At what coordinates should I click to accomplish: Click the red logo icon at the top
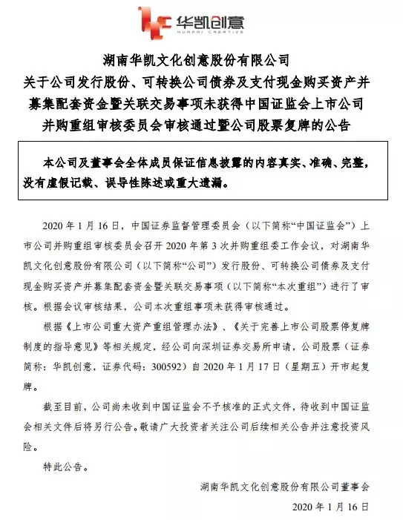click(152, 23)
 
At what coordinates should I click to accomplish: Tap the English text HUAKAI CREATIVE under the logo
click(212, 33)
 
